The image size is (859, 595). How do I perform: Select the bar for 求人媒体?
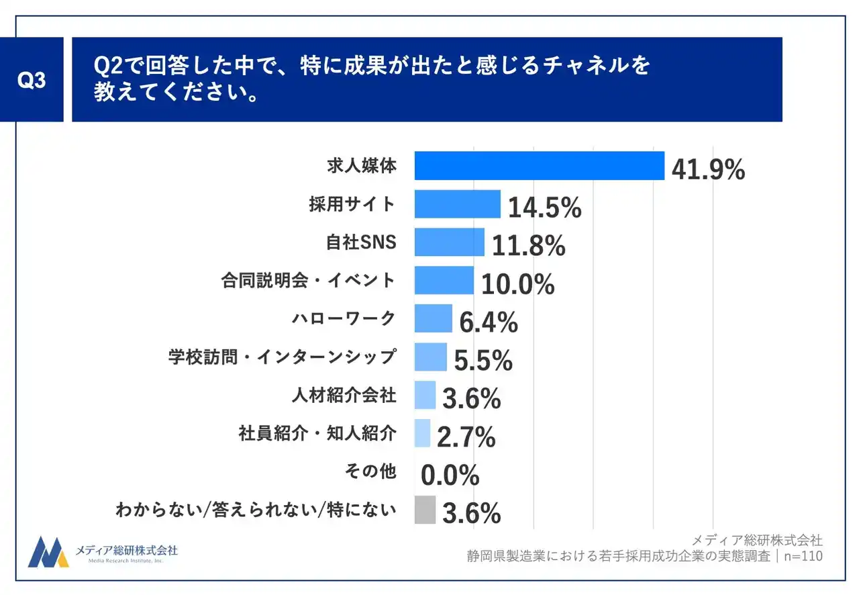click(539, 166)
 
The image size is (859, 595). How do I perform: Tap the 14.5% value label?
click(544, 209)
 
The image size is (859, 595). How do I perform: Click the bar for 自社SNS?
click(449, 242)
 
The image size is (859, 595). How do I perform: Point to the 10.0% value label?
click(517, 285)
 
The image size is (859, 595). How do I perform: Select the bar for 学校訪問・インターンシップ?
click(430, 357)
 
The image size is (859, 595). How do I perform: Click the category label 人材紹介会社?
click(344, 396)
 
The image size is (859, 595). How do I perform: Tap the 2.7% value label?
click(466, 438)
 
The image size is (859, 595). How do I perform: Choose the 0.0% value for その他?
click(450, 476)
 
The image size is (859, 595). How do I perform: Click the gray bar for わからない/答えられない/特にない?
click(425, 510)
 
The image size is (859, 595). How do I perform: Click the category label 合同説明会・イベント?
click(308, 280)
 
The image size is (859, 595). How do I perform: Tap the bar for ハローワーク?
click(433, 319)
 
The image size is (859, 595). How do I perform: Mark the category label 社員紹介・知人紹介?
click(317, 434)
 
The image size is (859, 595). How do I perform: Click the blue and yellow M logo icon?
click(48, 552)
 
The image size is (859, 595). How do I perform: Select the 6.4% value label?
click(488, 323)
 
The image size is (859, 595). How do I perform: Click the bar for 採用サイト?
click(457, 204)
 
